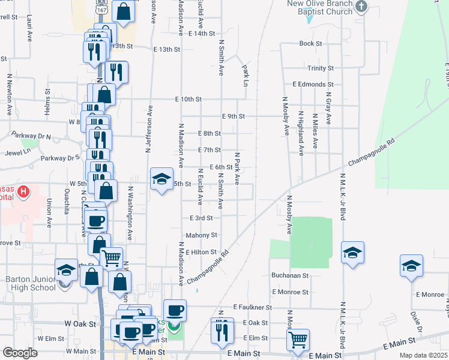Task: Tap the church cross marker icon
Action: (361, 7)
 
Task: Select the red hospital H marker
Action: (23, 192)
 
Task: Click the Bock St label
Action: (311, 44)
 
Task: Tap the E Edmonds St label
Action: (313, 85)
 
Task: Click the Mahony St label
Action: (201, 235)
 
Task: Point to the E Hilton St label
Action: (201, 253)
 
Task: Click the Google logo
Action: (20, 352)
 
